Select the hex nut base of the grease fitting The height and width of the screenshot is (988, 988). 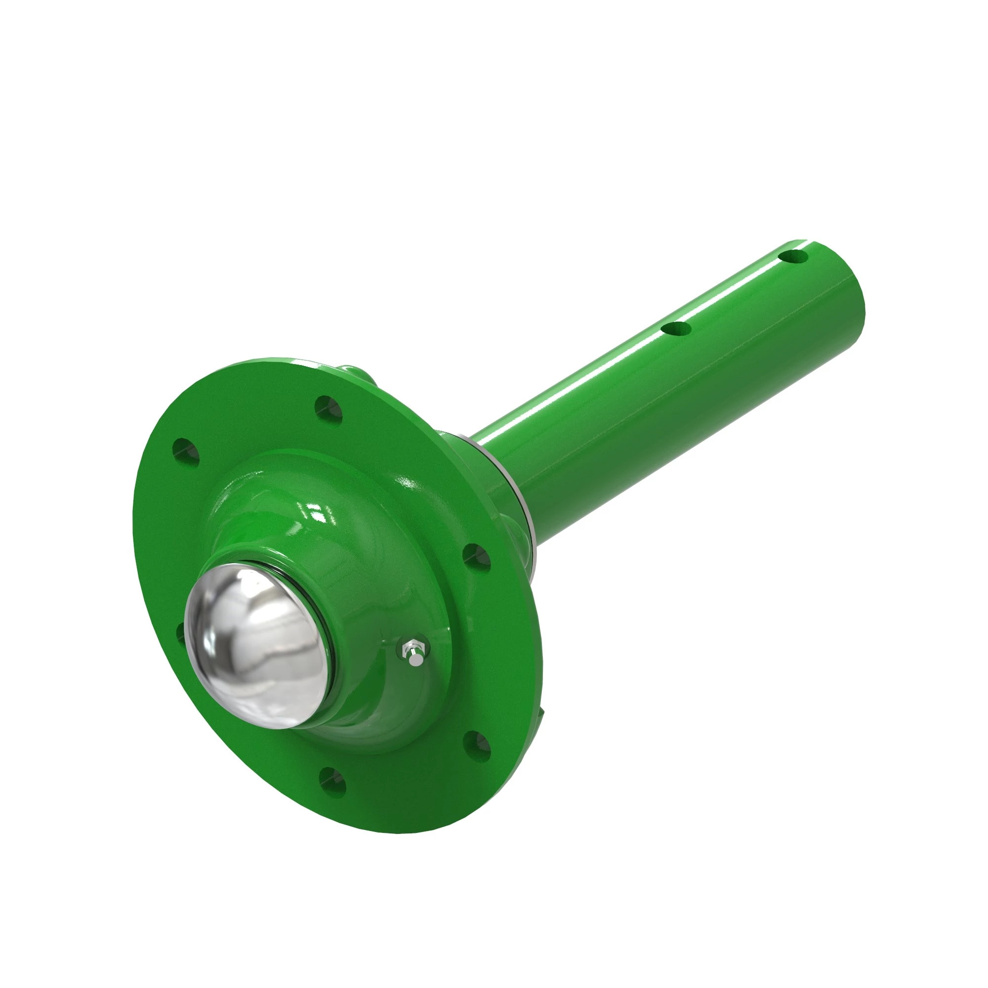(x=410, y=645)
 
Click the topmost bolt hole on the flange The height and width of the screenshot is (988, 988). (x=329, y=408)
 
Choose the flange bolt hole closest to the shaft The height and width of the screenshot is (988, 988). (x=477, y=558)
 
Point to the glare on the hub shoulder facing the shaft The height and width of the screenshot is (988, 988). (x=409, y=483)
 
